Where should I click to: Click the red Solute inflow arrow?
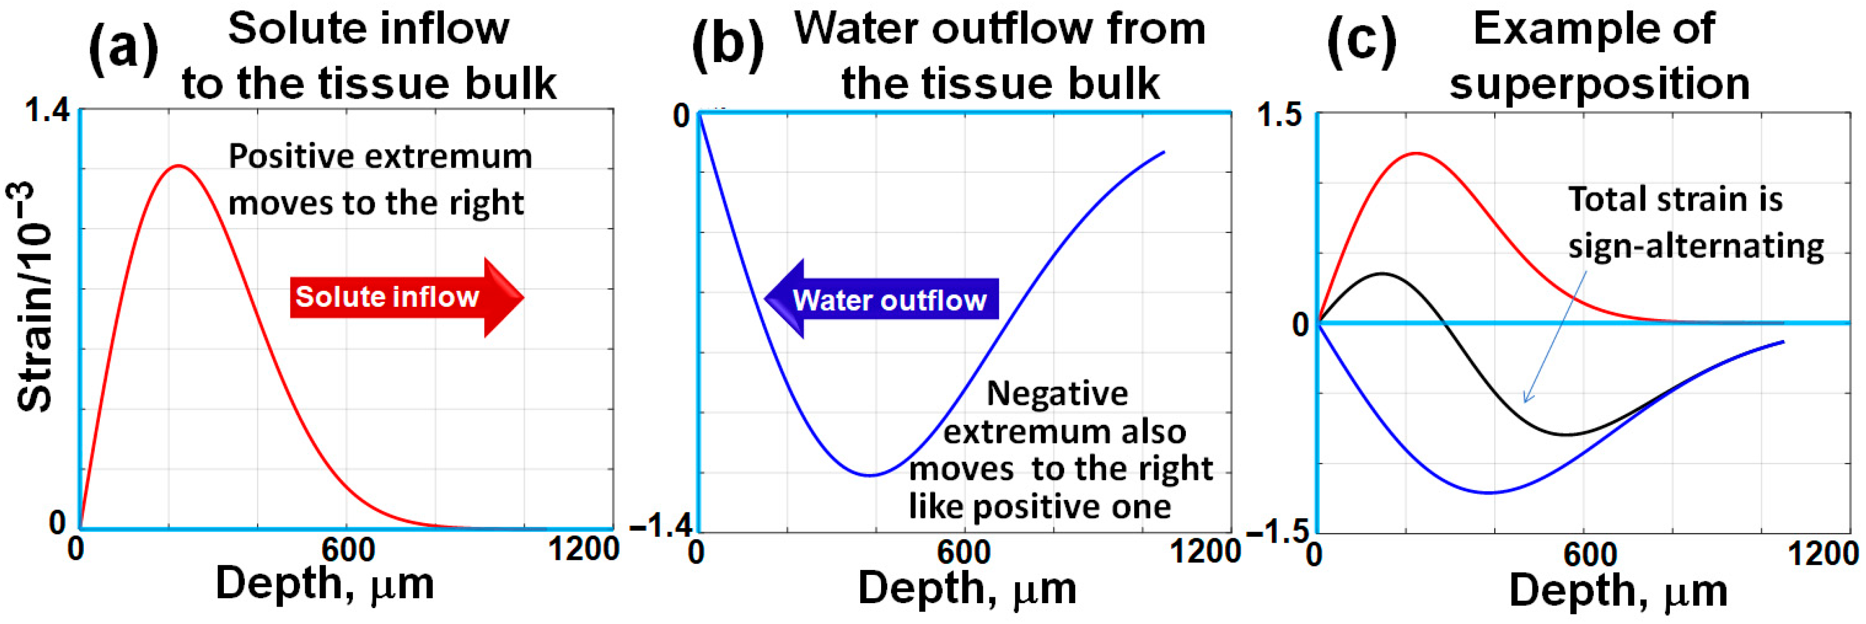[406, 297]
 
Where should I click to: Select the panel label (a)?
[123, 49]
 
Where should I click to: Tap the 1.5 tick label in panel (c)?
[1279, 115]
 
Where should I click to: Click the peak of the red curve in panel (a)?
[178, 166]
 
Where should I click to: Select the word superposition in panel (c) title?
[1599, 83]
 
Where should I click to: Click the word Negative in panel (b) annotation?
[1057, 394]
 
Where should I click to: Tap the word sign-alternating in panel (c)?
[1696, 246]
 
